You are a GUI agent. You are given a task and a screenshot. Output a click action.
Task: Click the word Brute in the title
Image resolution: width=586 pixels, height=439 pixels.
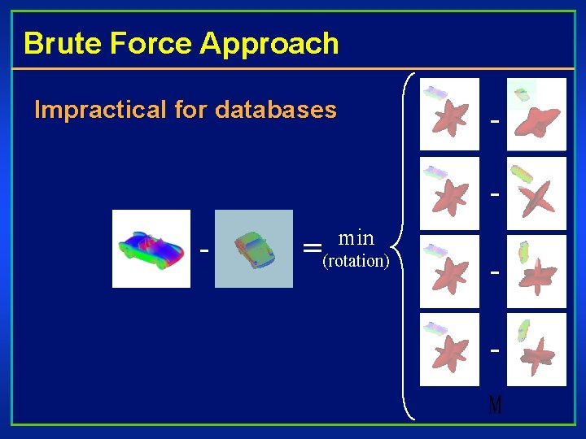(x=55, y=43)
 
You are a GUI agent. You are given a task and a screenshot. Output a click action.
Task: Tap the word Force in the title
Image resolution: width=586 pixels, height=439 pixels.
(x=143, y=43)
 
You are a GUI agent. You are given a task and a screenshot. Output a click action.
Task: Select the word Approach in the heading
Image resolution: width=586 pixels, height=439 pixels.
(x=269, y=43)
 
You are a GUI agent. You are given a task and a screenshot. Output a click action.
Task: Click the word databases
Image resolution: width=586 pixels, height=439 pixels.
(x=276, y=110)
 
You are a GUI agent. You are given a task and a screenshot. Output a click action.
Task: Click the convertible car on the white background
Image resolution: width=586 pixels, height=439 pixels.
(x=151, y=248)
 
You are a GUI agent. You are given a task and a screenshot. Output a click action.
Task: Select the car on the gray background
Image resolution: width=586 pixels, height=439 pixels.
(x=253, y=248)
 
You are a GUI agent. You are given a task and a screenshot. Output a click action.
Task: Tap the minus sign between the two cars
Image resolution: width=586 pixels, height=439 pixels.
(x=203, y=249)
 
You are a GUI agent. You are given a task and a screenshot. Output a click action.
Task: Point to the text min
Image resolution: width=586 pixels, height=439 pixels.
(x=356, y=238)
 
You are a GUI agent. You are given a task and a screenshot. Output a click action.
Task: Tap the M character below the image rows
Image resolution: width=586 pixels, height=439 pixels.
(x=495, y=404)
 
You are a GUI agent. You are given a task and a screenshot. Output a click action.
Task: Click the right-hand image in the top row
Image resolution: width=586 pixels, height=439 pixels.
(x=536, y=115)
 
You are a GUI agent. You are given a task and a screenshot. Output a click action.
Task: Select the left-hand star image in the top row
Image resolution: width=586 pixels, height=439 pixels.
(x=449, y=115)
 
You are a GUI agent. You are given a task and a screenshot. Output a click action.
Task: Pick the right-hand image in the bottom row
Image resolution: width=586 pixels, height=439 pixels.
(x=536, y=350)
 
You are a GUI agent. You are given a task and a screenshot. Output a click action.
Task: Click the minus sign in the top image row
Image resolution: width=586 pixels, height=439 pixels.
(x=494, y=121)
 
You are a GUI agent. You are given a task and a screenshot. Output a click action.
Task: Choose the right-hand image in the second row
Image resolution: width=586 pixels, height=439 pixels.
(x=536, y=193)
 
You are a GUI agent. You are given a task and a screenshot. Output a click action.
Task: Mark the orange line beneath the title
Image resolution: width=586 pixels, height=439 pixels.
(x=293, y=69)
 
